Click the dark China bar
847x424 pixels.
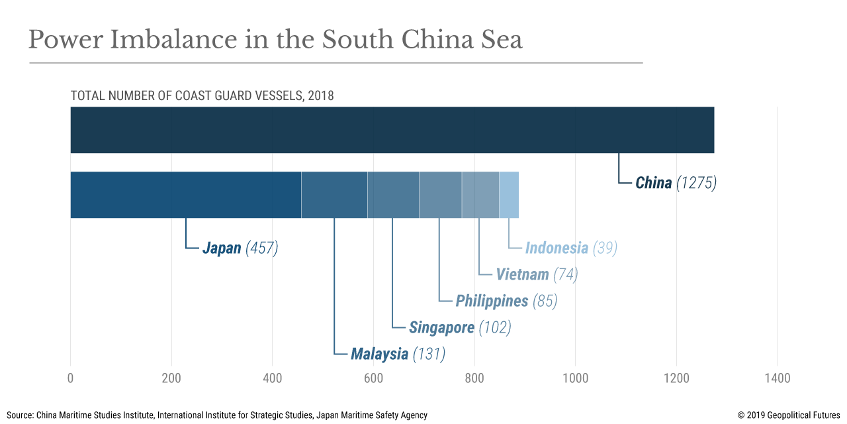pos(392,130)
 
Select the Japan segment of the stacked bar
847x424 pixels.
pos(185,195)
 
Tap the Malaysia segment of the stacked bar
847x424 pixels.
pos(334,195)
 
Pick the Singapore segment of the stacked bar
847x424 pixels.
pos(393,195)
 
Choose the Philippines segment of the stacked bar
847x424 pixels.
pos(440,195)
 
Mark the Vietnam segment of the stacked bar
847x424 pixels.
pos(480,195)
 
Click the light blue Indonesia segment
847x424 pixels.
pos(509,195)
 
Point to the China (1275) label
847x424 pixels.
pos(676,183)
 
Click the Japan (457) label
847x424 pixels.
pos(240,248)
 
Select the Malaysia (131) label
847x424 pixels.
pos(398,354)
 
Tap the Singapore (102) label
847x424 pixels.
pos(460,327)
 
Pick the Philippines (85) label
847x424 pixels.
pos(506,301)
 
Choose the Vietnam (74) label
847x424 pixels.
pos(537,274)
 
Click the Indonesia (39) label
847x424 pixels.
pos(571,248)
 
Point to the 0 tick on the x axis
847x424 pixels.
pos(70,378)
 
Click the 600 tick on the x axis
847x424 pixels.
pos(373,378)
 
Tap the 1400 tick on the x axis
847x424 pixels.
pos(777,378)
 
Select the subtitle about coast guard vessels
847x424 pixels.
pos(202,95)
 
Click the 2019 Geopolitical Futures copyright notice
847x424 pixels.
pos(789,415)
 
